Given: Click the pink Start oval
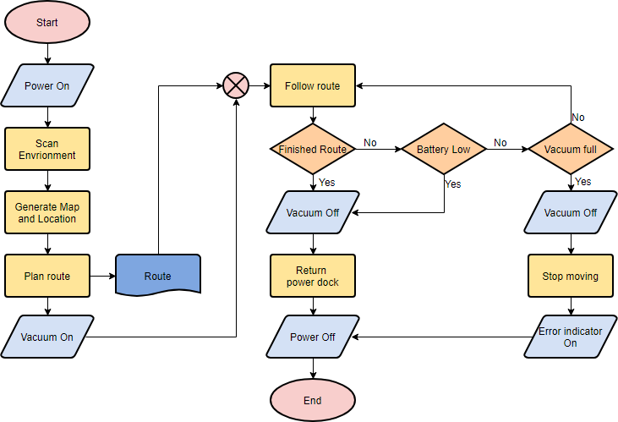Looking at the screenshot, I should (46, 23).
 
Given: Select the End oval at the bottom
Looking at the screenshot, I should (312, 400).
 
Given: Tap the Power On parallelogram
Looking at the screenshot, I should (46, 85).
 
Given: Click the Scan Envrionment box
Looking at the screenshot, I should (46, 149).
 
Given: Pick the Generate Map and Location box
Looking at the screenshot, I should (46, 212).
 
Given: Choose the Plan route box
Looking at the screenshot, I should (46, 276).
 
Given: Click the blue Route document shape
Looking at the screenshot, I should (157, 276).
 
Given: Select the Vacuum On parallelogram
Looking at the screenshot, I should (46, 337).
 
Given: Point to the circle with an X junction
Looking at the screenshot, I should (235, 85).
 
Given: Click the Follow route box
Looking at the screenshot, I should (312, 85).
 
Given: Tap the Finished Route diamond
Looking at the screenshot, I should (312, 150).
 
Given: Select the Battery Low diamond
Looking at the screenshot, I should (444, 150).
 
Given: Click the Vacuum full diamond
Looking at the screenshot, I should (571, 150).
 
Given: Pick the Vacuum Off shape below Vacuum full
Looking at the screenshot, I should (571, 212).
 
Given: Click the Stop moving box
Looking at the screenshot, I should (571, 276).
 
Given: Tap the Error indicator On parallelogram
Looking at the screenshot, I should (571, 337).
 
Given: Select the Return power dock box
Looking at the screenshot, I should (312, 276).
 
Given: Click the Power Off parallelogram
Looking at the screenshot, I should (312, 337).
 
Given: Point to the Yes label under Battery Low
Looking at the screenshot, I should (453, 184).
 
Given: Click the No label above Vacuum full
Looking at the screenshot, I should (578, 118).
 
